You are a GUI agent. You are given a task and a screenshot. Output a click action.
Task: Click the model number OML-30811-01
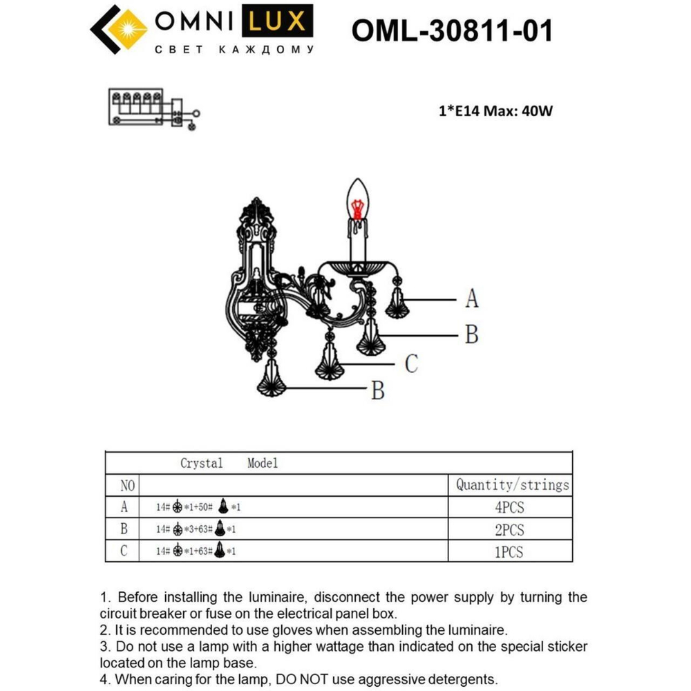(452, 30)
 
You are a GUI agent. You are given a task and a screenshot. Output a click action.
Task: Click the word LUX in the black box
(276, 22)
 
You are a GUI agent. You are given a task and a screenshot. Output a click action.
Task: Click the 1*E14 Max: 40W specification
(495, 111)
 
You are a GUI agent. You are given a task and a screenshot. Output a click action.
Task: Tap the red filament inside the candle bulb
(357, 208)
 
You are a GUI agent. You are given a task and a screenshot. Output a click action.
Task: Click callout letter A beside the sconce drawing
(472, 299)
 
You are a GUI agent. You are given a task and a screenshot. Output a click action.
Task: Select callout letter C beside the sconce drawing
(411, 363)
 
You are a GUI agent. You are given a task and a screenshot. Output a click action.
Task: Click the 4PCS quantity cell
(509, 507)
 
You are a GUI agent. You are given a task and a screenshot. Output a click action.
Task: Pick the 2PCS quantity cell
(509, 529)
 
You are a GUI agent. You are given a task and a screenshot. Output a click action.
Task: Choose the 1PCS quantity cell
(509, 551)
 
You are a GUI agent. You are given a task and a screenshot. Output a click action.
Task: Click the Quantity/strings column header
(512, 484)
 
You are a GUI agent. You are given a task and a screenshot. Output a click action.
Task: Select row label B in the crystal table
(124, 529)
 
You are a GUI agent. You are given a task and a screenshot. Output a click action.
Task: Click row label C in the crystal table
(124, 551)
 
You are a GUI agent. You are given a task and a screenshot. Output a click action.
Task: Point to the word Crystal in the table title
(202, 463)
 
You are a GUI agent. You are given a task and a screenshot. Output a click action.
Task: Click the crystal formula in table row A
(198, 507)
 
